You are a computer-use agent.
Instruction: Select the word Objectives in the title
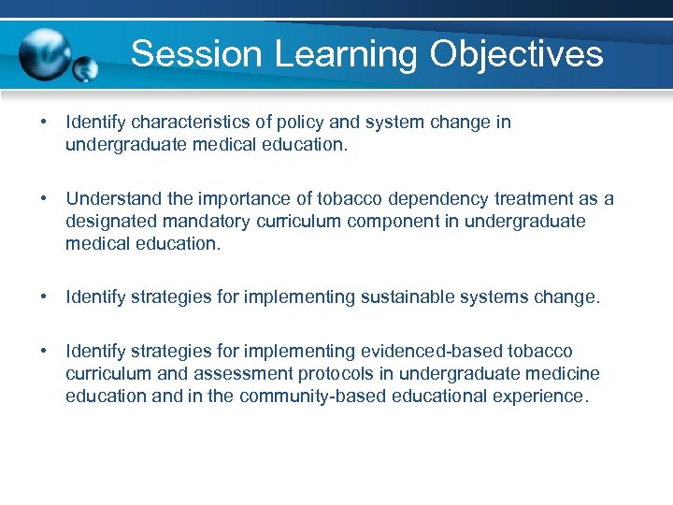tap(517, 53)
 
